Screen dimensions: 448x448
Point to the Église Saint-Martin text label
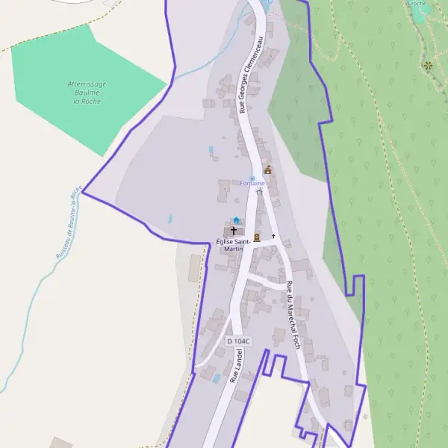[234, 245]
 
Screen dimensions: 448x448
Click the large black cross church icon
[234, 231]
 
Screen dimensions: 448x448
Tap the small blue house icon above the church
[237, 220]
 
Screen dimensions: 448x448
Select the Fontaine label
[252, 184]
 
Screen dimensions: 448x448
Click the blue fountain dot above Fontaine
[252, 178]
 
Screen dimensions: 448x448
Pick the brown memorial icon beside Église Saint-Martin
[256, 237]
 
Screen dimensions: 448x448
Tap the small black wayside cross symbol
[273, 236]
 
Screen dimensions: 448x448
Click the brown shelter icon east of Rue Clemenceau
[268, 170]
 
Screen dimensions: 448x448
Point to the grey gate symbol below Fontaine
[259, 192]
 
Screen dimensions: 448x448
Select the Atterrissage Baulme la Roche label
[87, 93]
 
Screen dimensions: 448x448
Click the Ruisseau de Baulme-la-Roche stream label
[67, 223]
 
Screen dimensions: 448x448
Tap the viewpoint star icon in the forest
[428, 66]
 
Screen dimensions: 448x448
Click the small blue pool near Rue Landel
[217, 379]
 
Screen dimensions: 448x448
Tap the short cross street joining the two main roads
[265, 279]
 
